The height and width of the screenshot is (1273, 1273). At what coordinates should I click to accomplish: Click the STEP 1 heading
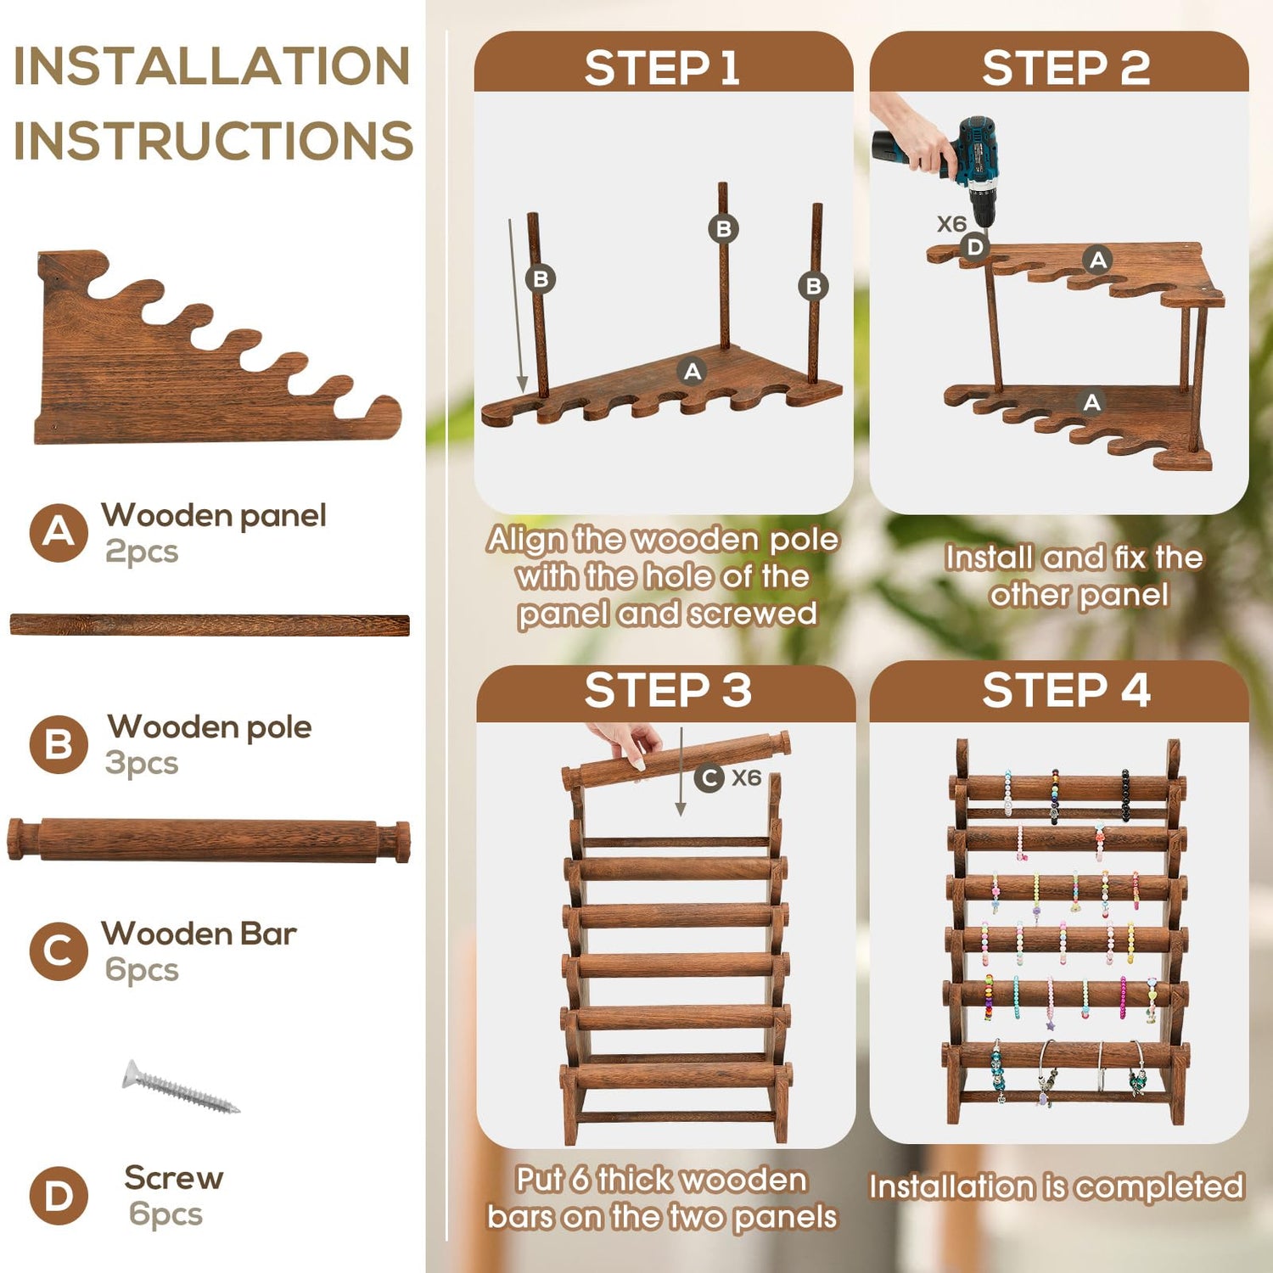[x=662, y=68]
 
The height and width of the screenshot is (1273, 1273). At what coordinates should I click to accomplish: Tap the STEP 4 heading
[x=1066, y=690]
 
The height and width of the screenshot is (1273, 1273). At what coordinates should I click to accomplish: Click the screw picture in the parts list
[x=180, y=1086]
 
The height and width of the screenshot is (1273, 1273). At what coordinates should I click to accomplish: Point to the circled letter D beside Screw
[x=59, y=1196]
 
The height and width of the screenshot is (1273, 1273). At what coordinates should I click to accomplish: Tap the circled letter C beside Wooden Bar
[x=59, y=951]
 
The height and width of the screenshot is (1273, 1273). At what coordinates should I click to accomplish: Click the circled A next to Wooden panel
[x=59, y=533]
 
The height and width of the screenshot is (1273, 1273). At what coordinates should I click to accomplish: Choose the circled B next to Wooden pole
[x=59, y=744]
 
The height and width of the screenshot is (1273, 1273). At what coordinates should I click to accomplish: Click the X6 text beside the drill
[x=951, y=224]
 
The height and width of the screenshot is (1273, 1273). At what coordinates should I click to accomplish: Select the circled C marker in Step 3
[x=709, y=777]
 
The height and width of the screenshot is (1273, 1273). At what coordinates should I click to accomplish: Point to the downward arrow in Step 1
[x=516, y=306]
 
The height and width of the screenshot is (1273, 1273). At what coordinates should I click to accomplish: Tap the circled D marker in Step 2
[x=975, y=247]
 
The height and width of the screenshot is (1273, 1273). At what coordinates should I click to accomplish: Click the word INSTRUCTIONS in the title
[x=213, y=141]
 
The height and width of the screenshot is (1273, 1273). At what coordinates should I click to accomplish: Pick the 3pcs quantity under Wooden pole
[x=142, y=763]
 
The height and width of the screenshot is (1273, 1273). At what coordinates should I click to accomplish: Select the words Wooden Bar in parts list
[x=199, y=934]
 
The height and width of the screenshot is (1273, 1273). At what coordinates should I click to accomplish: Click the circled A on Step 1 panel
[x=693, y=371]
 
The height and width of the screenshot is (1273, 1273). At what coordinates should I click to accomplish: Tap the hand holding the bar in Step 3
[x=624, y=743]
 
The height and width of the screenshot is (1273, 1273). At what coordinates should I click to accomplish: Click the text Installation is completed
[x=1057, y=1186]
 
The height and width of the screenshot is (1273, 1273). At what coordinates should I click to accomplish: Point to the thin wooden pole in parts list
[x=210, y=625]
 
